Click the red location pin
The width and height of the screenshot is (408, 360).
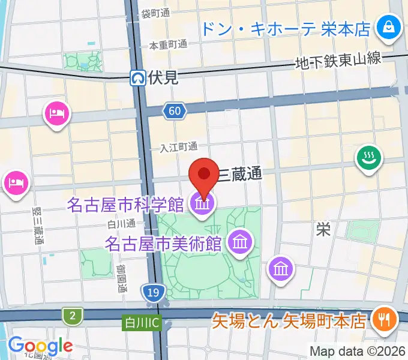(203, 175)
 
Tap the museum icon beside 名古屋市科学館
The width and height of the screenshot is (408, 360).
(203, 205)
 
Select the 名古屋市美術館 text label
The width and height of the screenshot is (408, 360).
(164, 244)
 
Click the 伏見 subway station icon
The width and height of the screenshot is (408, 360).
(139, 77)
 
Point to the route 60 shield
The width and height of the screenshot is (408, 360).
(174, 110)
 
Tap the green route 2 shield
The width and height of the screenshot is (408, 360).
(73, 316)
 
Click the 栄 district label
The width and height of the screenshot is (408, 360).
(323, 229)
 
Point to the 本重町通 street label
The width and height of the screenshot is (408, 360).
(169, 44)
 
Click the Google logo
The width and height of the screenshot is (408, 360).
(40, 346)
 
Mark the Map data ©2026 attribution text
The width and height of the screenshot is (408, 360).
(357, 350)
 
